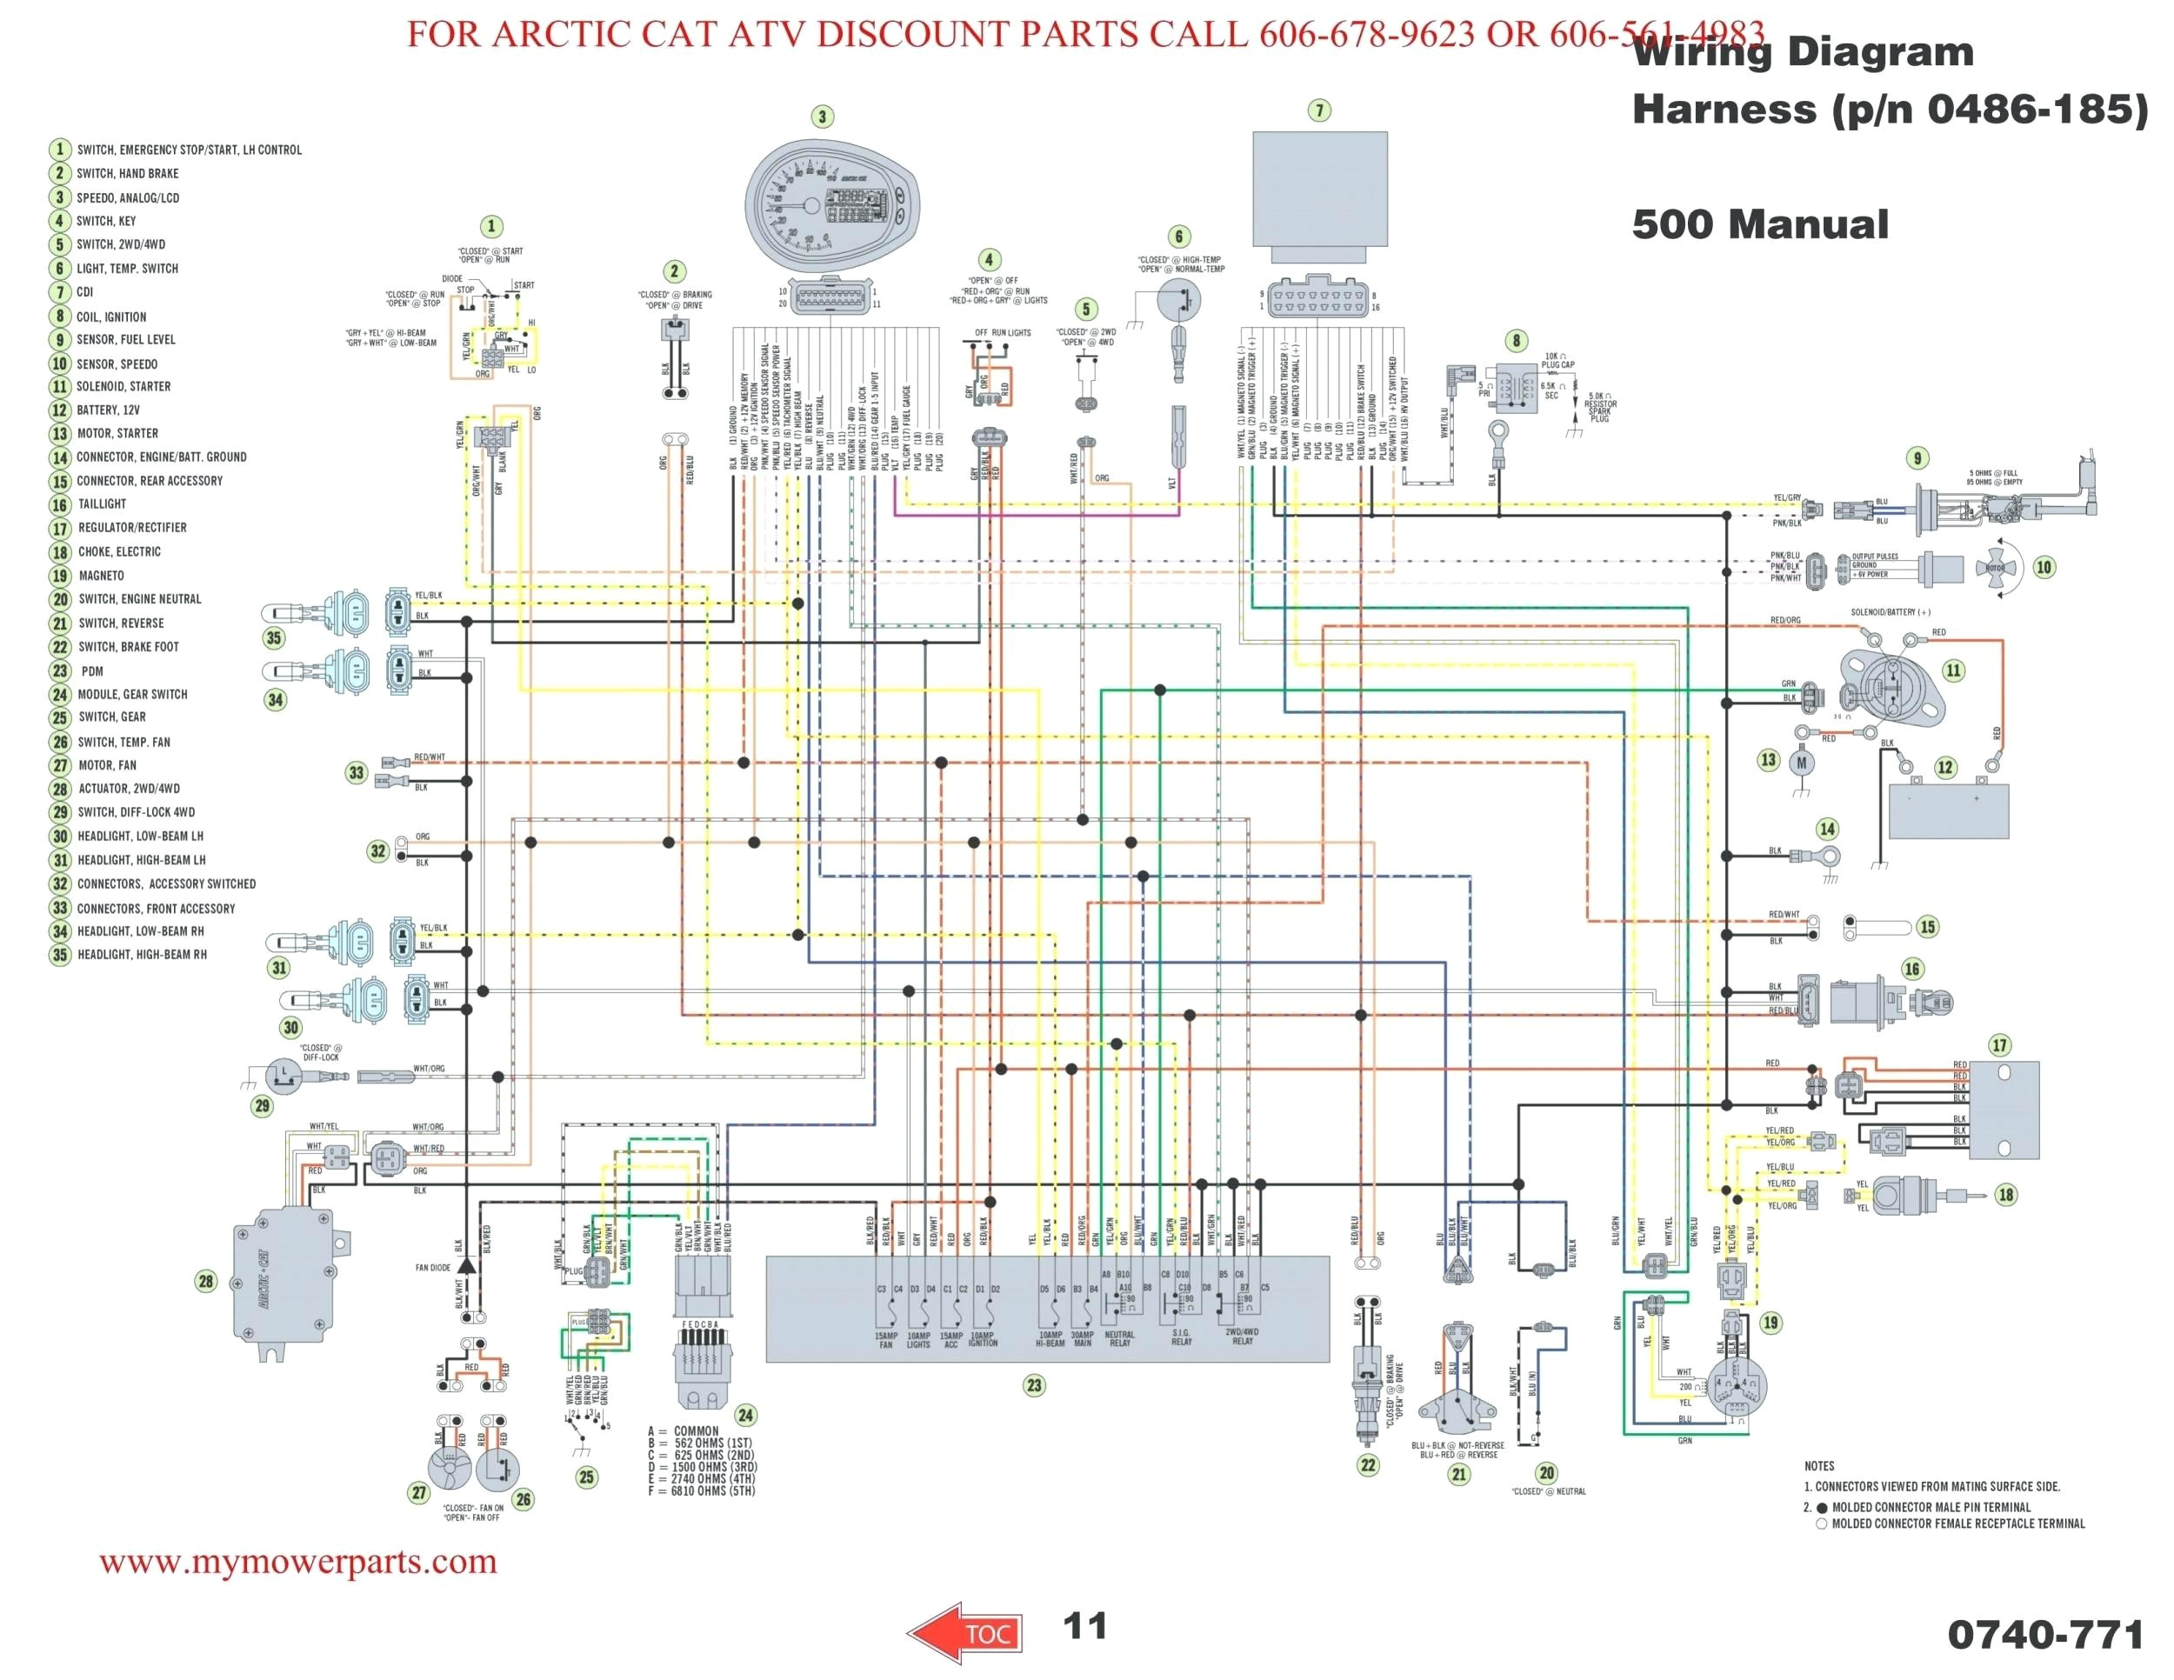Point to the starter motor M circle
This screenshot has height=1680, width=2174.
pos(1801,763)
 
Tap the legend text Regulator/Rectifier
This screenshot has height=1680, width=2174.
pos(131,528)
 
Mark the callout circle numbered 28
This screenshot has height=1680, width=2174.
pos(206,1281)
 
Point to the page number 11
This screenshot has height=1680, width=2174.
pos(1084,1626)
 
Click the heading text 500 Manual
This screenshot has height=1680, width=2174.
pos(1759,224)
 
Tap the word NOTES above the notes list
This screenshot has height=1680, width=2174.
pos(1818,1466)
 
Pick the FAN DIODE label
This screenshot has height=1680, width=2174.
pos(432,1268)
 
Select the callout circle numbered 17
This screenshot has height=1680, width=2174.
pos(2000,1045)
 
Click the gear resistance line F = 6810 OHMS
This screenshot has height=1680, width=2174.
pos(700,1491)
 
